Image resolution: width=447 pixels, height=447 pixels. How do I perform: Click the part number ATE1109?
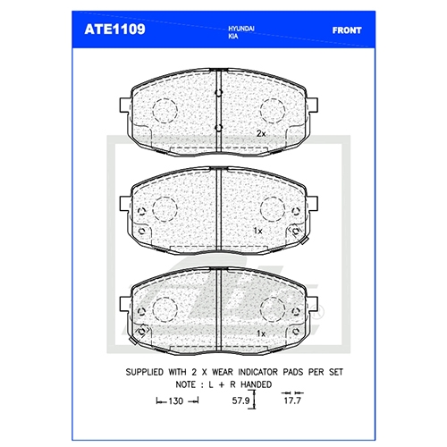[x=114, y=30]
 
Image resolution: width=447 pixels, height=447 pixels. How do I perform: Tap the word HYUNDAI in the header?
[x=241, y=29]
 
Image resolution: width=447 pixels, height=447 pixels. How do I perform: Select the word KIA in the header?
[x=233, y=37]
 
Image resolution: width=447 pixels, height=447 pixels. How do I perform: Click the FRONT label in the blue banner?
[x=347, y=30]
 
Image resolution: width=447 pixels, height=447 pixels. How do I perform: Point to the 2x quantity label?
[x=261, y=134]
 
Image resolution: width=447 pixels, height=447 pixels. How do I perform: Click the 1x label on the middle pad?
[x=258, y=231]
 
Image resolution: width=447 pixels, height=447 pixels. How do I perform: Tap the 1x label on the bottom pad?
[x=261, y=333]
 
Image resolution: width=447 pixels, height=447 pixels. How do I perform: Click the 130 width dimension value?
[x=176, y=401]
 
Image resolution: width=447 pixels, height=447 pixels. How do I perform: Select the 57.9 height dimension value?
[x=240, y=401]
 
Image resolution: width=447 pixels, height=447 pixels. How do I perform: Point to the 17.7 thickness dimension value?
[x=292, y=401]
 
